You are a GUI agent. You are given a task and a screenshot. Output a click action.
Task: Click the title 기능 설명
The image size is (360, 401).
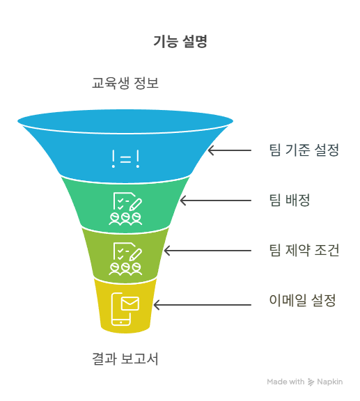180,42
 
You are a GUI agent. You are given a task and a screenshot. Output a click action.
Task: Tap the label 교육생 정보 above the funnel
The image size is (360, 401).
125,83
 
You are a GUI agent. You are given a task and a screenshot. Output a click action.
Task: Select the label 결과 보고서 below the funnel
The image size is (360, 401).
125,359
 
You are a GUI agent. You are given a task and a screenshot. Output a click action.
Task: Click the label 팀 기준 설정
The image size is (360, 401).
304,150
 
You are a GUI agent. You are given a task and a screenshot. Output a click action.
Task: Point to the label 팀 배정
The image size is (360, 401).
290,200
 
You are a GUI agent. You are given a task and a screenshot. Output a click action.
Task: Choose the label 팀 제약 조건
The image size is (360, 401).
304,250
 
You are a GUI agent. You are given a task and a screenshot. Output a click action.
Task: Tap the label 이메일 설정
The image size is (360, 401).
302,300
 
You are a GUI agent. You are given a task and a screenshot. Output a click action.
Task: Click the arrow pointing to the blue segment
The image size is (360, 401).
230,150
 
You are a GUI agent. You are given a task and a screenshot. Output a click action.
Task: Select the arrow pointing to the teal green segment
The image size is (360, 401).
216,200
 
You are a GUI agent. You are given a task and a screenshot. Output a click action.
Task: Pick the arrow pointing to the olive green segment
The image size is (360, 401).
208,251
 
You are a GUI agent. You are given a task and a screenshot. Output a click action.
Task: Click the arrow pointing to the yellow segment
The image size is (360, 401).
203,305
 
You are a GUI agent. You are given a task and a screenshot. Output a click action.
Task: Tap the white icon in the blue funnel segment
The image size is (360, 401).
125,159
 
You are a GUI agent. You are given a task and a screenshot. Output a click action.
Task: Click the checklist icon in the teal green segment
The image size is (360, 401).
126,209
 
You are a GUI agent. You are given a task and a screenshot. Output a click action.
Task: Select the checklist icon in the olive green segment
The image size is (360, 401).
126,259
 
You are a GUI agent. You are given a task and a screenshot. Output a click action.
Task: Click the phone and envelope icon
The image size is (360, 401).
125,309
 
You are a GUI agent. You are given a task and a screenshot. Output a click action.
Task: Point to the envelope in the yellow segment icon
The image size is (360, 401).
130,304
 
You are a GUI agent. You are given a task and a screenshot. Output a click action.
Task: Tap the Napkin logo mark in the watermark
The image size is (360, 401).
311,382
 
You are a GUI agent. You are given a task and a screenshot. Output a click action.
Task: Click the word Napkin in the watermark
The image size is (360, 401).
330,382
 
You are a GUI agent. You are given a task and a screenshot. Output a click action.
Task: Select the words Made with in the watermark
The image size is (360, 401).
285,382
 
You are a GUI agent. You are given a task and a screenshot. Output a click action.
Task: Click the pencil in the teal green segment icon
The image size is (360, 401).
136,205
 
